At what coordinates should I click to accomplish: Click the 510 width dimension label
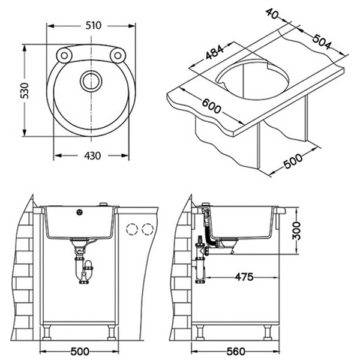[91, 25]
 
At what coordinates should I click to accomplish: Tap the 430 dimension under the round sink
[91, 155]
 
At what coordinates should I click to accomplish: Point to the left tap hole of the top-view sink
[62, 56]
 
